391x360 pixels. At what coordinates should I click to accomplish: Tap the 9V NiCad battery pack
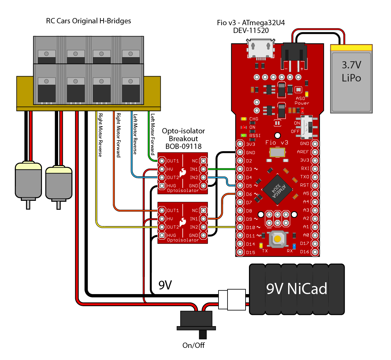click(297, 289)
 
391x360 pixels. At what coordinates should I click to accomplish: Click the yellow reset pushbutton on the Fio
click(277, 239)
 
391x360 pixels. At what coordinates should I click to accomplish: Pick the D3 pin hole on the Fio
click(240, 169)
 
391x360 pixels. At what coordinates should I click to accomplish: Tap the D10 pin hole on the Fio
click(240, 227)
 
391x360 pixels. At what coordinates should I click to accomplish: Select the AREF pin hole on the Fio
click(315, 152)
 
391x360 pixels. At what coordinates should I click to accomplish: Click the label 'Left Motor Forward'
click(153, 134)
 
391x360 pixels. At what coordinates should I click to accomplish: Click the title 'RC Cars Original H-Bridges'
click(89, 21)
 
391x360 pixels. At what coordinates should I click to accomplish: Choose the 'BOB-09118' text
click(183, 146)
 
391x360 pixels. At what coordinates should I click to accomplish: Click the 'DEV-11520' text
click(251, 30)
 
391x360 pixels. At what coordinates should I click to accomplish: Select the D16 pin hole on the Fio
click(315, 252)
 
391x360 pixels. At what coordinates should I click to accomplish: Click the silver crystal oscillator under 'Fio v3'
click(277, 152)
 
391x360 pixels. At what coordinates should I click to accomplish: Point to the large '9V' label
click(165, 285)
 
